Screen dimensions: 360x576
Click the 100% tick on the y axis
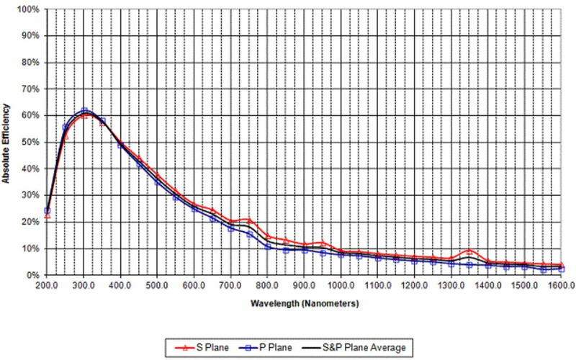click(27, 9)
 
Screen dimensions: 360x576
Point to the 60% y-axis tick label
click(30, 116)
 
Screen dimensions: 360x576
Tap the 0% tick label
click(32, 276)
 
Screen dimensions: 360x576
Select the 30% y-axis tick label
click(30, 196)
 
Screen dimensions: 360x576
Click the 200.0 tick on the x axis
click(47, 285)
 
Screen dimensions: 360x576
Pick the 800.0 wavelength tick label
click(267, 285)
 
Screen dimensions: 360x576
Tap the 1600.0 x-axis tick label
click(561, 285)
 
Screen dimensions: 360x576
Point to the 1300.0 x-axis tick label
click(451, 285)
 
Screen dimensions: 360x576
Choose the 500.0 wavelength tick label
click(157, 285)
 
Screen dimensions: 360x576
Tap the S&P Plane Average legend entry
click(367, 328)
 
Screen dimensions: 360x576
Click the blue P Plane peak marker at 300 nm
click(84, 111)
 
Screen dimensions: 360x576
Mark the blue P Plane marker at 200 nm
click(47, 211)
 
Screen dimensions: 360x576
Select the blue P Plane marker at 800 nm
click(268, 246)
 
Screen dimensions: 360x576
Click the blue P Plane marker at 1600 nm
click(562, 269)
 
